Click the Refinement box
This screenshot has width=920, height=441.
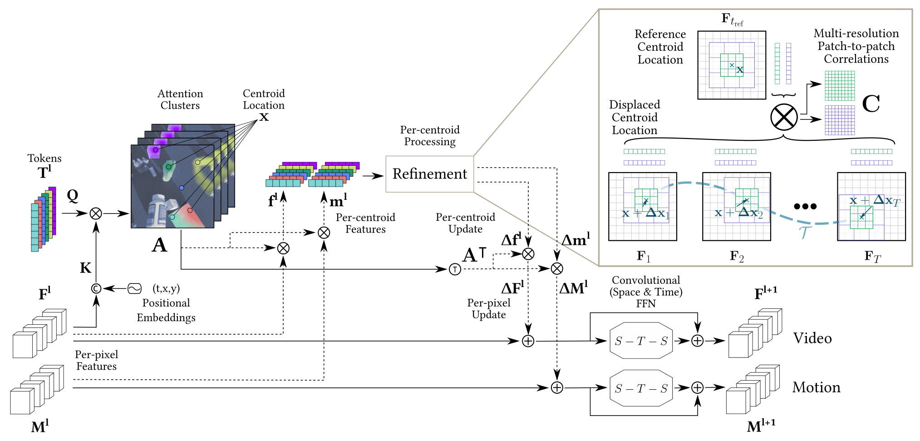(429, 174)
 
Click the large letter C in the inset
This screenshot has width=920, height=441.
(871, 104)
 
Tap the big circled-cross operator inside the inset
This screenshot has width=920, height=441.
(784, 117)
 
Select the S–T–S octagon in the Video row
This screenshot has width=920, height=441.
(641, 341)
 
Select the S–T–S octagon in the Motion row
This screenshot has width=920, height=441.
(641, 388)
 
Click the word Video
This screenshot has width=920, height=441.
(812, 338)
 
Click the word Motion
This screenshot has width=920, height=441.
(816, 387)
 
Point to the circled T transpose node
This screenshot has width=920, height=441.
(455, 269)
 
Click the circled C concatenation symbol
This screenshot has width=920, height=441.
(96, 288)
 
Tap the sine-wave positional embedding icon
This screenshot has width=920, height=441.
(134, 288)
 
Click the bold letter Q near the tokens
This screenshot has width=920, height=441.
(73, 196)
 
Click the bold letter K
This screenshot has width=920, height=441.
(85, 268)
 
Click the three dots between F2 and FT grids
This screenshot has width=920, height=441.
(805, 206)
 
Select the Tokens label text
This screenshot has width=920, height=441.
(44, 159)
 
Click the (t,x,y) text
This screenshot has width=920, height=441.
(166, 288)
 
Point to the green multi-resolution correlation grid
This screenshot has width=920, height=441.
(839, 85)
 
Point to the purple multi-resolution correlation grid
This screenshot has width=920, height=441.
(839, 120)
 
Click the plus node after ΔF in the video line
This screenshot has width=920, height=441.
(528, 341)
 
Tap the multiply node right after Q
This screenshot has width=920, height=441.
(96, 213)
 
